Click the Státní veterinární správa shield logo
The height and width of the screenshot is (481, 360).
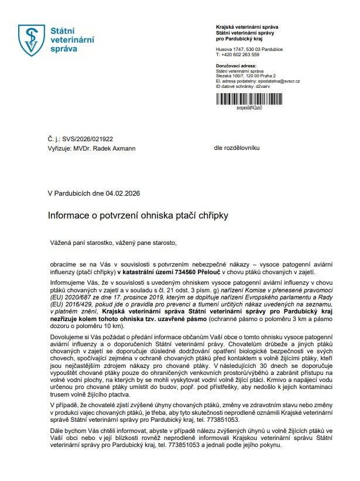point(32,40)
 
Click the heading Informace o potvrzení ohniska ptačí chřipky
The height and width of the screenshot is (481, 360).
point(138,216)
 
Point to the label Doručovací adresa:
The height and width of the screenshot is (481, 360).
point(235,67)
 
